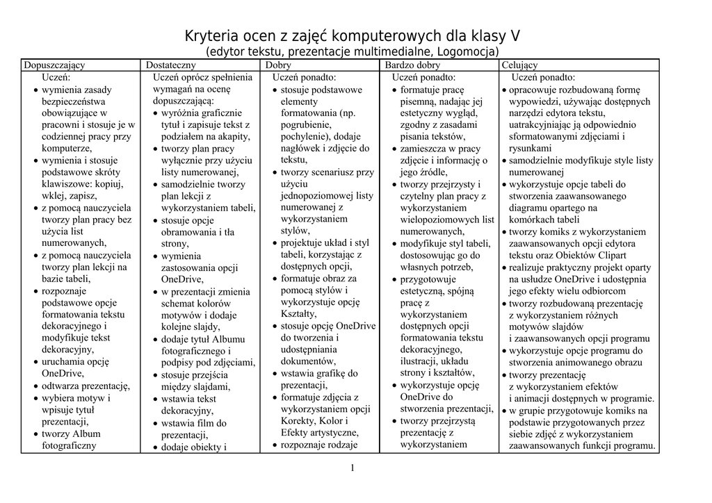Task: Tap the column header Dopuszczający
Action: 54,65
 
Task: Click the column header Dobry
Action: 278,65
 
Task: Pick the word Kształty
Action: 298,314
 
